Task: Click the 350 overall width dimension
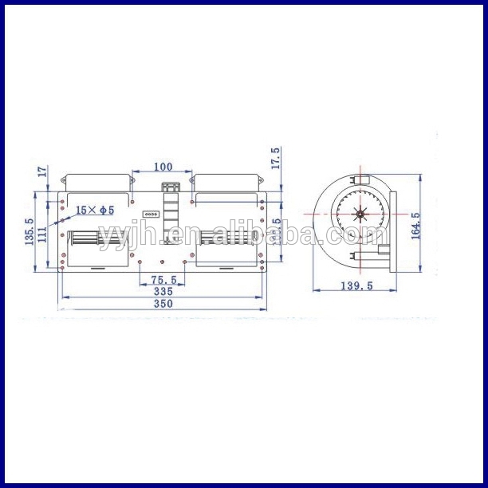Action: pyautogui.click(x=163, y=304)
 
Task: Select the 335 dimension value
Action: pyautogui.click(x=163, y=292)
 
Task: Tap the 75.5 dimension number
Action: pyautogui.click(x=163, y=279)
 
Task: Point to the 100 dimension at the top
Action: pyautogui.click(x=163, y=167)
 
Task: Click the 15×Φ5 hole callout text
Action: pyautogui.click(x=96, y=211)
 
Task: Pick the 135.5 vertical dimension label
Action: pyautogui.click(x=30, y=231)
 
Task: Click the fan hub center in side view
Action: pyautogui.click(x=360, y=214)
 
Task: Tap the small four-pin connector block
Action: pyautogui.click(x=149, y=214)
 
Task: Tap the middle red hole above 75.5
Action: pyautogui.click(x=163, y=262)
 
